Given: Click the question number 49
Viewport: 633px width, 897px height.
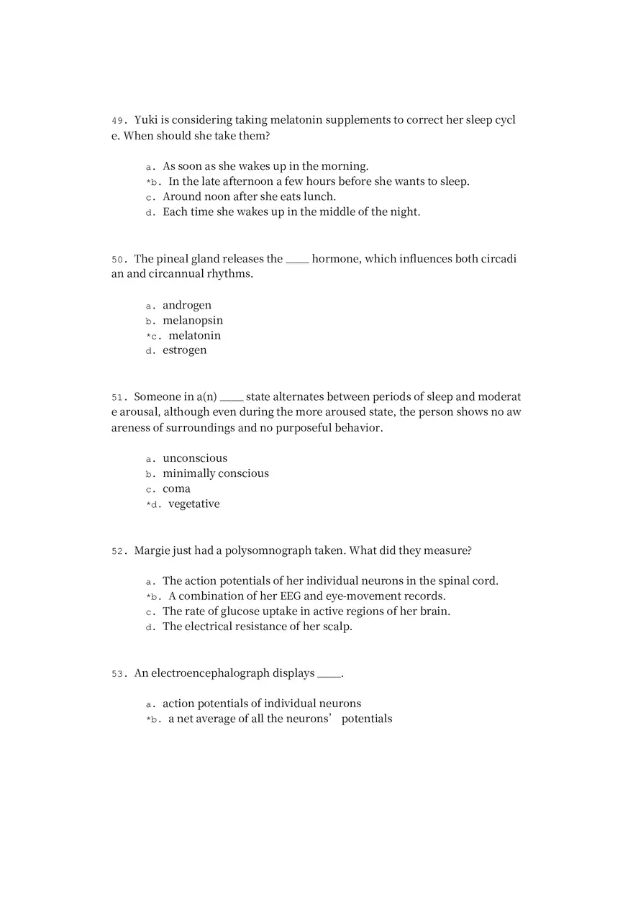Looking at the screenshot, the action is coord(118,120).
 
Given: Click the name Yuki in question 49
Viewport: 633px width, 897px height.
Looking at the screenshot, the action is coord(145,119).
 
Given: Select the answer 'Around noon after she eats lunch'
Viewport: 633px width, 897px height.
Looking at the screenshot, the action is coord(249,196).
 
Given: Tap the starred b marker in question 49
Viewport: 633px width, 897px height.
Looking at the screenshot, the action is coord(152,182).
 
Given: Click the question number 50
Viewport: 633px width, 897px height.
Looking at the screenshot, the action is coord(118,259).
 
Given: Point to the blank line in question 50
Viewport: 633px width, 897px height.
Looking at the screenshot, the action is coord(297,260).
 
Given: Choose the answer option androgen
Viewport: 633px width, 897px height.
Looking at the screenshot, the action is coord(187,305).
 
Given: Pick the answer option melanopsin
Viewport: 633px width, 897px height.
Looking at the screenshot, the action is coord(193,320).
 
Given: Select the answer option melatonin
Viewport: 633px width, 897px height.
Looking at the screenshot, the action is coord(194,335).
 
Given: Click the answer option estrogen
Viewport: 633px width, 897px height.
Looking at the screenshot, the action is coord(184,350).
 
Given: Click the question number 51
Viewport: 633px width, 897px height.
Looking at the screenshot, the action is coord(118,397).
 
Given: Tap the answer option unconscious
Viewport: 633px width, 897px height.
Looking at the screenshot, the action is coord(195,458).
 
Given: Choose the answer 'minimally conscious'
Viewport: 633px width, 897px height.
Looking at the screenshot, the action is coord(216,473).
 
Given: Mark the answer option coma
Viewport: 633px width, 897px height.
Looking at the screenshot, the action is coord(176,488).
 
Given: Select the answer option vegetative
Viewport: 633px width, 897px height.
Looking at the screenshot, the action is coord(193,504).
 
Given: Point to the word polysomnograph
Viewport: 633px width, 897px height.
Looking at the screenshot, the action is coord(268,550).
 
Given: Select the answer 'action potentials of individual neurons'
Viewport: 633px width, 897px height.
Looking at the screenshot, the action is coord(262,704).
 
